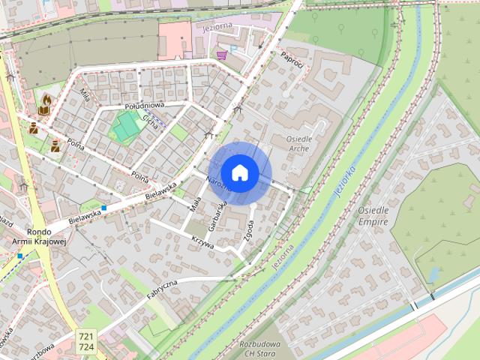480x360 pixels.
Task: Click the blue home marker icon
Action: point(240,173)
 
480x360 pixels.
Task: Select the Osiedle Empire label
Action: point(373,216)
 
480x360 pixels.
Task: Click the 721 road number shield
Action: point(86,337)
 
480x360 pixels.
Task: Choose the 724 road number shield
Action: point(86,348)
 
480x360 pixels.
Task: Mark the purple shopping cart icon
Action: point(221,54)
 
